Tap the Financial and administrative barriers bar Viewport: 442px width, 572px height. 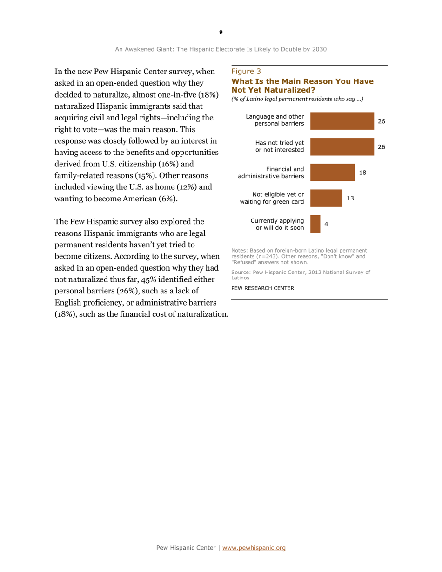332,172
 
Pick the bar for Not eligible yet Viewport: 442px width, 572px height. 326,198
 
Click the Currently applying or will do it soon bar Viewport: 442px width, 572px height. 315,224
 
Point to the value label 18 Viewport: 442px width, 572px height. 363,173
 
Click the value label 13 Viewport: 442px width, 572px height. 350,198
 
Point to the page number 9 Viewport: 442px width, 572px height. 221,32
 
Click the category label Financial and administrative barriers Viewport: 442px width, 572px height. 271,172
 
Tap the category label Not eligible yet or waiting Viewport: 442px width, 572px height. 272,198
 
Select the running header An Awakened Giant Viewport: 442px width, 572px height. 221,48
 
